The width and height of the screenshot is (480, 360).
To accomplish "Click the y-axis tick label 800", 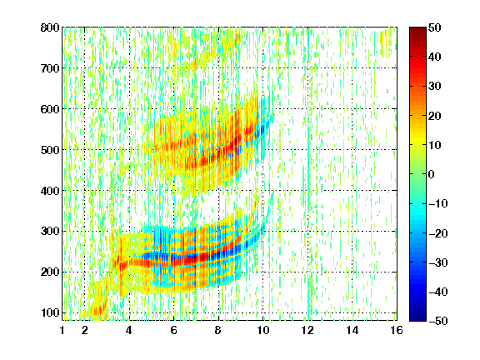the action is click(50, 27).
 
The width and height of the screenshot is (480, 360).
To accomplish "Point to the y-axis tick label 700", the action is click(50, 68).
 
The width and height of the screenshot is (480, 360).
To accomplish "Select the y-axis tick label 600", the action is click(50, 109).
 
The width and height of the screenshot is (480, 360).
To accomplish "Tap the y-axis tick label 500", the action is click(50, 150).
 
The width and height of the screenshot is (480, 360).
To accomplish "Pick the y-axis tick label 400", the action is click(50, 191).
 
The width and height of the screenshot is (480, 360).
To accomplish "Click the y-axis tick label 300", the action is click(50, 231).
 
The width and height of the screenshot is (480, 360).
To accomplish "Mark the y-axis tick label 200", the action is click(50, 272).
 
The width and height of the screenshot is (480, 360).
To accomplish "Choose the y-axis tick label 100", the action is click(50, 312).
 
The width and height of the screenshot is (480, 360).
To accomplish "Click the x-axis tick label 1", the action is click(62, 330).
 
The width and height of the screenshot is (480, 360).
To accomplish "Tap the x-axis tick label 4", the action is click(129, 330).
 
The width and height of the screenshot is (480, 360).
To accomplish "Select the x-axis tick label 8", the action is click(217, 330).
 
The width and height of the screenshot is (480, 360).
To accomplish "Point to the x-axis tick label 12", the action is click(307, 330).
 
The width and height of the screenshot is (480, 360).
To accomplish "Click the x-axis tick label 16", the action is click(397, 330).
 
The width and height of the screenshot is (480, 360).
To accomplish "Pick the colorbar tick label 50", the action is click(435, 27).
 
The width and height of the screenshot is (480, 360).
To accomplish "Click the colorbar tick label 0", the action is click(432, 174).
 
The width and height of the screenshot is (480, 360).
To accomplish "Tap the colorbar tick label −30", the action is click(438, 262).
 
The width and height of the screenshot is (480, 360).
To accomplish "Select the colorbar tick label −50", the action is click(438, 321).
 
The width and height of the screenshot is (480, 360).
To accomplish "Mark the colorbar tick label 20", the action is click(435, 116).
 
